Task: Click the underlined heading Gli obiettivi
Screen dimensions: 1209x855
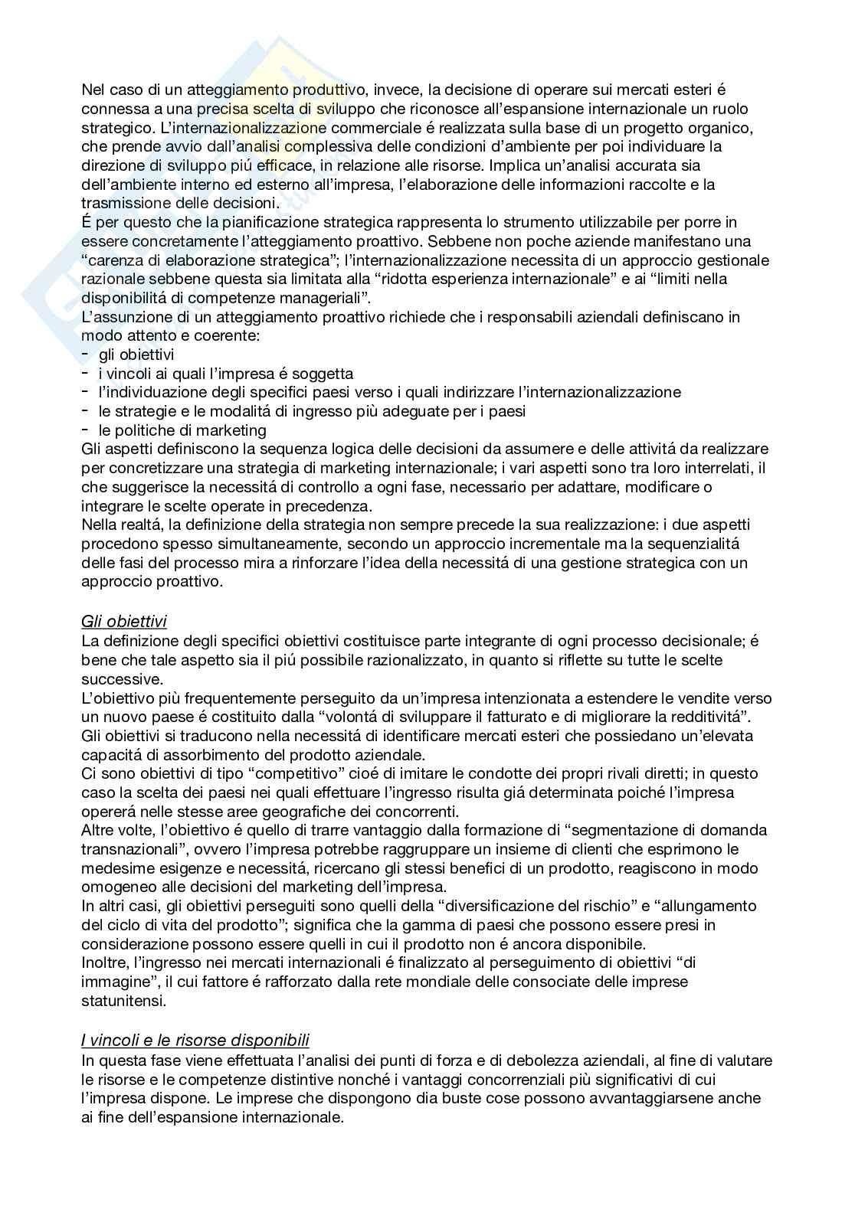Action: click(x=123, y=622)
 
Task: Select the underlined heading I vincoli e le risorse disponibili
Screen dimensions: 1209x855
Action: click(x=195, y=1041)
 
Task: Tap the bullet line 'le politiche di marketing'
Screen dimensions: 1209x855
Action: click(x=182, y=430)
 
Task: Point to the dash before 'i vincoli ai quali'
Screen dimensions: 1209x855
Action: click(x=85, y=374)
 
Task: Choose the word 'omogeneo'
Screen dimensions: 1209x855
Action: click(x=113, y=887)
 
